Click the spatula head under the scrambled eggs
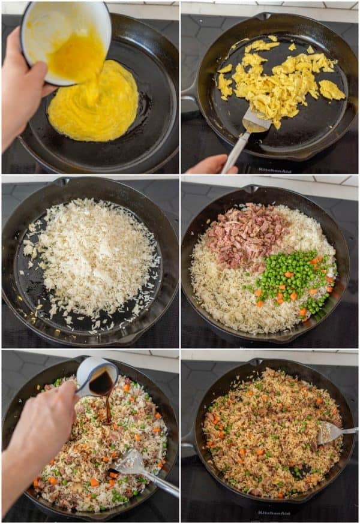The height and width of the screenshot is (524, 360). point(255,122)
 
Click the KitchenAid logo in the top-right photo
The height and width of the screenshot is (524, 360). point(275,170)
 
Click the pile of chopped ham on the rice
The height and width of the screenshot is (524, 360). point(246,234)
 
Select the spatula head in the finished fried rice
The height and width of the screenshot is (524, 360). point(329,432)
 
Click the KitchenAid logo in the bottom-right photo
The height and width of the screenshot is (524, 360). point(274,513)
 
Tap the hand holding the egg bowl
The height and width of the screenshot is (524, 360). point(21,90)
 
